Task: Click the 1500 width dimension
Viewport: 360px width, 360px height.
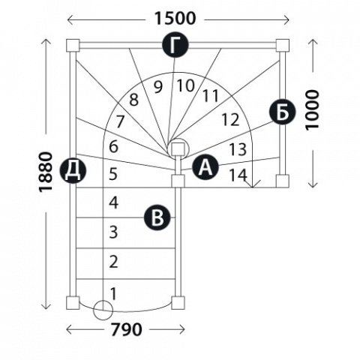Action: click(175, 19)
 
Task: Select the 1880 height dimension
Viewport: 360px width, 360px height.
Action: click(46, 172)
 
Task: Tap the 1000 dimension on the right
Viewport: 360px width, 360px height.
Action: click(313, 109)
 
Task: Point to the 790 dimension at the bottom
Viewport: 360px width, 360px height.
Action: click(126, 329)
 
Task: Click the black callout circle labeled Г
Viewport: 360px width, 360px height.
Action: click(175, 45)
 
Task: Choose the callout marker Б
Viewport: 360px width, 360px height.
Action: click(282, 112)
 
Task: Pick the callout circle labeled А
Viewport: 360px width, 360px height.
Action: click(205, 166)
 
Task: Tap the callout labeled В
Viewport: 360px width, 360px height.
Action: click(157, 217)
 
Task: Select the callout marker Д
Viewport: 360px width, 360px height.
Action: click(73, 170)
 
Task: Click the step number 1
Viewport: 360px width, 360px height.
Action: click(113, 294)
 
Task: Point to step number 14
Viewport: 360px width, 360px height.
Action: click(238, 175)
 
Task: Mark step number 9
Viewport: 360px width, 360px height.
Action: click(158, 87)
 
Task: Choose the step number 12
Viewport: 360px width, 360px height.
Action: click(230, 119)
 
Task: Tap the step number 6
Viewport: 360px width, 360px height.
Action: click(113, 146)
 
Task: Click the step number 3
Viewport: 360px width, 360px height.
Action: click(113, 232)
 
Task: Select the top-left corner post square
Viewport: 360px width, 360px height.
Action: click(73, 45)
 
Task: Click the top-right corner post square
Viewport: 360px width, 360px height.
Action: click(283, 45)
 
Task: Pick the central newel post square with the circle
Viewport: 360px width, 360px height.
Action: click(178, 149)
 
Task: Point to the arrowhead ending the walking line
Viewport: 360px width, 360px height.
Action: click(253, 184)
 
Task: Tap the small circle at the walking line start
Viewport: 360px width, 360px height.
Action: click(103, 310)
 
